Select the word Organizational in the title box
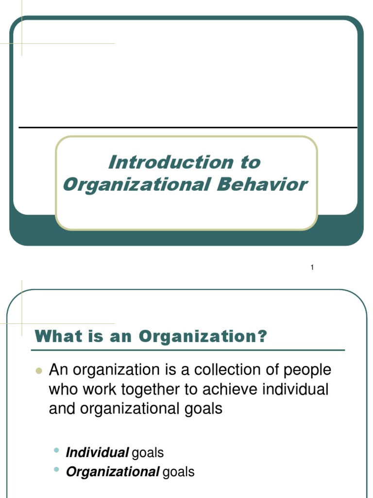tap(134, 184)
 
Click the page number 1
tap(312, 267)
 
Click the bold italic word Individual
tap(97, 453)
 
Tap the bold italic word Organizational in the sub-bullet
tap(113, 472)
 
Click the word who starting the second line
tap(62, 389)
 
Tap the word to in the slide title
tap(249, 162)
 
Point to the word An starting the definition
tap(57, 370)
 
